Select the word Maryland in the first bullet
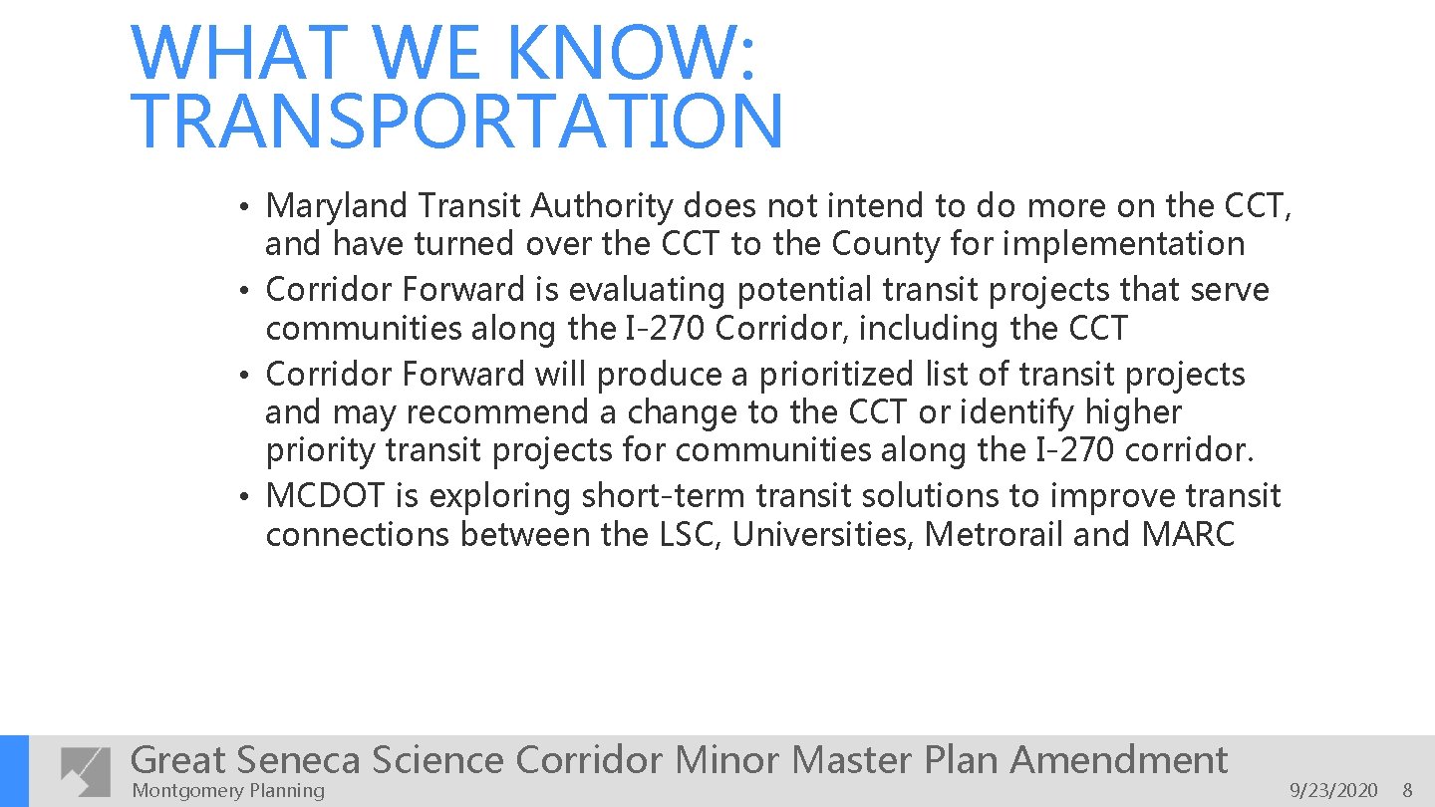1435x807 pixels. pyautogui.click(x=337, y=206)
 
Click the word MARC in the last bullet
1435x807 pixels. pyautogui.click(x=1188, y=535)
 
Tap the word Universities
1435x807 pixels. pyautogui.click(x=822, y=535)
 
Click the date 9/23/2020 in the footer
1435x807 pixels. pyautogui.click(x=1333, y=791)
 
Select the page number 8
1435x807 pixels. pyautogui.click(x=1407, y=791)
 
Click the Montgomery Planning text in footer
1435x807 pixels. pyautogui.click(x=228, y=791)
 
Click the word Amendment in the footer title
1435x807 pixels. pyautogui.click(x=1118, y=760)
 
